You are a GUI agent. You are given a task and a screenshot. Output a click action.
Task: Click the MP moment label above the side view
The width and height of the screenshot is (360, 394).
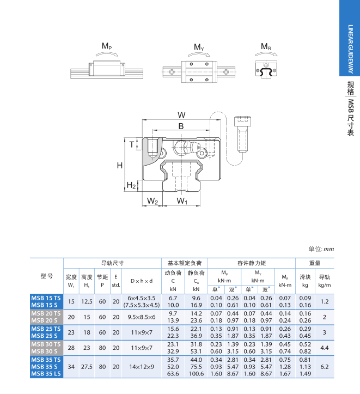107,47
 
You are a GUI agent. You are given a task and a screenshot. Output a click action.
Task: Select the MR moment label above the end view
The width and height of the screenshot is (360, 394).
266,47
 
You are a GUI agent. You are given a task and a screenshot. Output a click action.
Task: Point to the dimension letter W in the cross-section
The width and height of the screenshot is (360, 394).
181,114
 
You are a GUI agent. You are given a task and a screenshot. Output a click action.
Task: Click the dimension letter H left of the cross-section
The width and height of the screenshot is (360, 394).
119,165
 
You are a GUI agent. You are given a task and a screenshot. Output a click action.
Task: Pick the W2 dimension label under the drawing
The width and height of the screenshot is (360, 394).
152,202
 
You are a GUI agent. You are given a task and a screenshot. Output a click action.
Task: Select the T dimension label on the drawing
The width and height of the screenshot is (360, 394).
132,144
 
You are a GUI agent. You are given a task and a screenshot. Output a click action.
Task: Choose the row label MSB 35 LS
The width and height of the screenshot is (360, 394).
46,374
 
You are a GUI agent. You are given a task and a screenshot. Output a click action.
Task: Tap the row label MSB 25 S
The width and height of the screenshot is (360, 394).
46,336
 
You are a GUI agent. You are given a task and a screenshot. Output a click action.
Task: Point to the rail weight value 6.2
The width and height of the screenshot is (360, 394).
325,367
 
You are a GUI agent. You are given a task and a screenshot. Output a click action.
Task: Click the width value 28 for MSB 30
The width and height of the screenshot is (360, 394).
71,348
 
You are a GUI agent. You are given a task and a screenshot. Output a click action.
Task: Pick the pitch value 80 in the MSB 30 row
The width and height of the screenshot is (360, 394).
102,348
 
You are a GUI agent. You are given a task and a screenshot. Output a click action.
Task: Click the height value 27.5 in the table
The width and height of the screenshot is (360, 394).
87,367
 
